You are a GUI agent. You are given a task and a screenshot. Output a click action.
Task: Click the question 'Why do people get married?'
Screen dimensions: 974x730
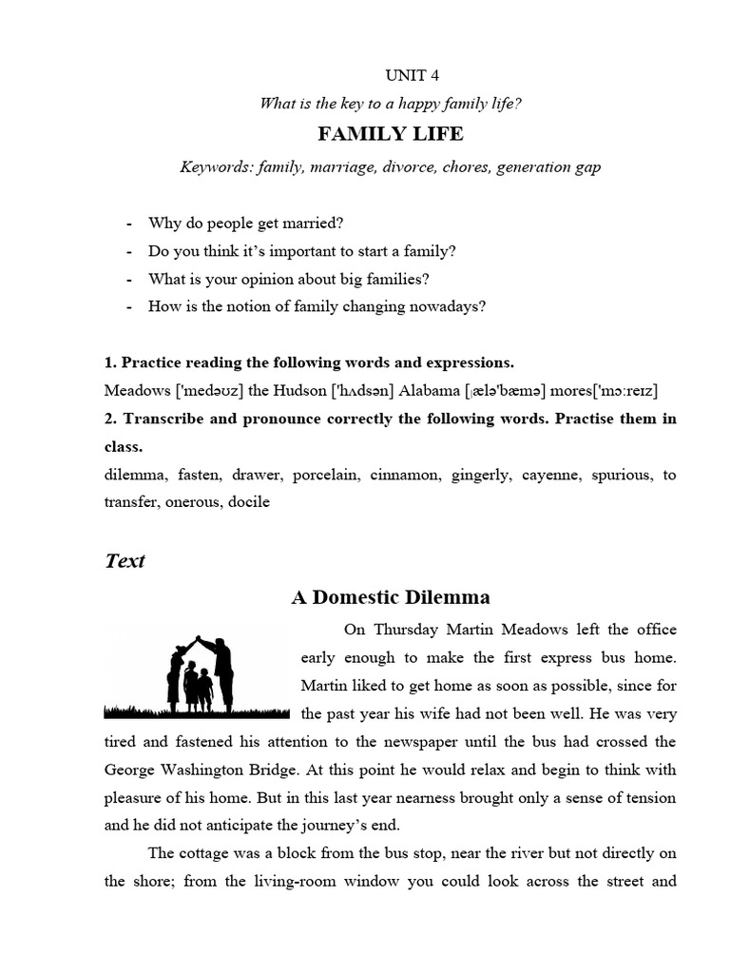[245, 224]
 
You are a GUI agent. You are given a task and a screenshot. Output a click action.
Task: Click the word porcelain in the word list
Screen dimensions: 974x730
[327, 475]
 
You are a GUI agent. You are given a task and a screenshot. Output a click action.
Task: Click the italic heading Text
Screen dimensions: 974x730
[125, 560]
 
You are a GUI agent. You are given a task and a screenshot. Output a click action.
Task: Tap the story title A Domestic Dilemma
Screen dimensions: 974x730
[391, 597]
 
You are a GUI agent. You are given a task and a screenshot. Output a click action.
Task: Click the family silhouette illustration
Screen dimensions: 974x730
[197, 674]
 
